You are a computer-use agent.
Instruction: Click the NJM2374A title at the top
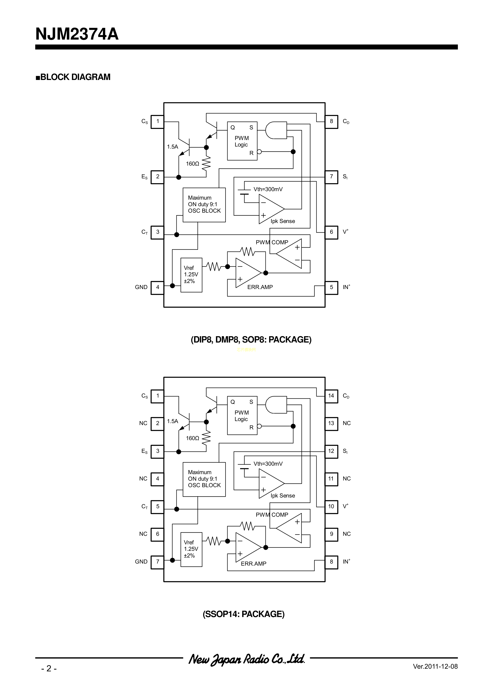77,34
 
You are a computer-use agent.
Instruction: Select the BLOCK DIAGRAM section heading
73,77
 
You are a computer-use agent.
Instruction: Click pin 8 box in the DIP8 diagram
331,121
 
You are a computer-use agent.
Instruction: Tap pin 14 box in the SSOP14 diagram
331,396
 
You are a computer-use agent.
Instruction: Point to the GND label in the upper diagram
141,287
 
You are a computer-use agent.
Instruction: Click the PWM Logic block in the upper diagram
242,141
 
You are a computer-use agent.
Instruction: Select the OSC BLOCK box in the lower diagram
204,479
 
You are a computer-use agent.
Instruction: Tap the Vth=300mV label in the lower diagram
268,464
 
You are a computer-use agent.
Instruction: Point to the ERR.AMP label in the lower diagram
254,564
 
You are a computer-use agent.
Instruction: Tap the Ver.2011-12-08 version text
435,666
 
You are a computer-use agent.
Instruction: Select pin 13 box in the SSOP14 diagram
331,423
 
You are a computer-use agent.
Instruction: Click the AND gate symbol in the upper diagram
276,130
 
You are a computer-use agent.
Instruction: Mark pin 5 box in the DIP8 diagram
331,287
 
